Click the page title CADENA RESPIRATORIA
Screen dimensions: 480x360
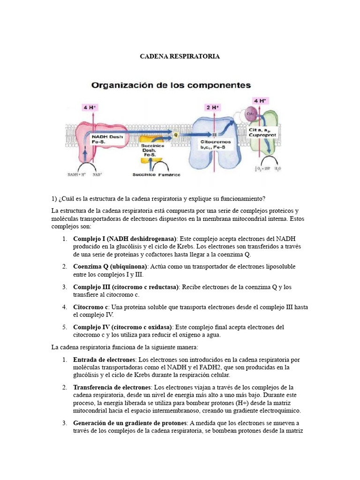coord(180,57)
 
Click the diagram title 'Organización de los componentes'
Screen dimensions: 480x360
coord(171,85)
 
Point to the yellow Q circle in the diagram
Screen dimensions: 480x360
coord(176,134)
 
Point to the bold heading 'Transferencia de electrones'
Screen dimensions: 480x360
coord(112,387)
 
